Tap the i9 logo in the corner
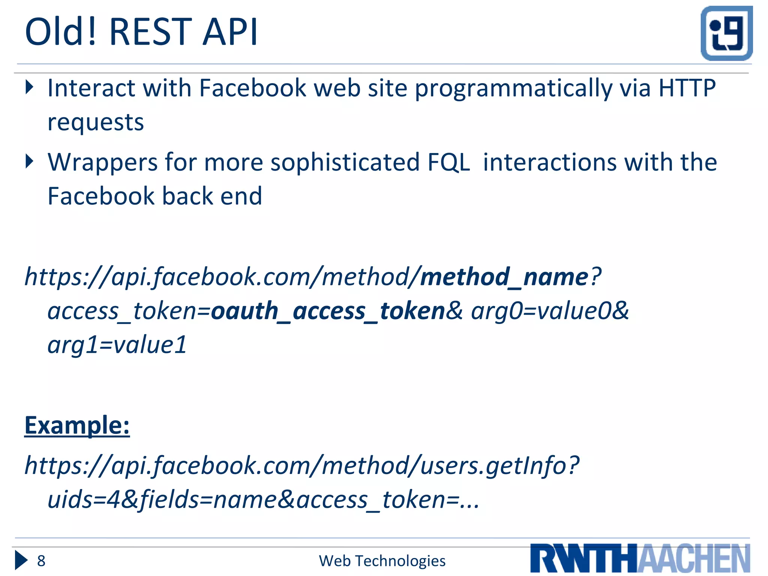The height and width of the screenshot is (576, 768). click(x=726, y=33)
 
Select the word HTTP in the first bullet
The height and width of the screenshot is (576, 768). click(x=687, y=88)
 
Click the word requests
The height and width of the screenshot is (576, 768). click(x=96, y=123)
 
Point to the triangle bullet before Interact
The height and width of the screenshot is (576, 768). click(x=30, y=87)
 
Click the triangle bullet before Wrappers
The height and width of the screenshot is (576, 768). click(x=30, y=162)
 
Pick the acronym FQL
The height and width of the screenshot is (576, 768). click(x=448, y=162)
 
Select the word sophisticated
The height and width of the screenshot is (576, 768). click(x=345, y=162)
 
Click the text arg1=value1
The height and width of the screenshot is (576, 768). click(x=117, y=345)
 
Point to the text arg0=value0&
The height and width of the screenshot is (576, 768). click(x=550, y=311)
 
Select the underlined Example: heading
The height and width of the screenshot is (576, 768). click(x=77, y=426)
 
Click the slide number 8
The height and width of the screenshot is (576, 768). click(x=41, y=561)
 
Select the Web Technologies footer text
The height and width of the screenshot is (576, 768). click(x=382, y=561)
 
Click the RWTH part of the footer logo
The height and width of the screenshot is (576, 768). click(x=583, y=558)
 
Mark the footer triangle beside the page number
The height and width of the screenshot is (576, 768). click(x=21, y=561)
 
